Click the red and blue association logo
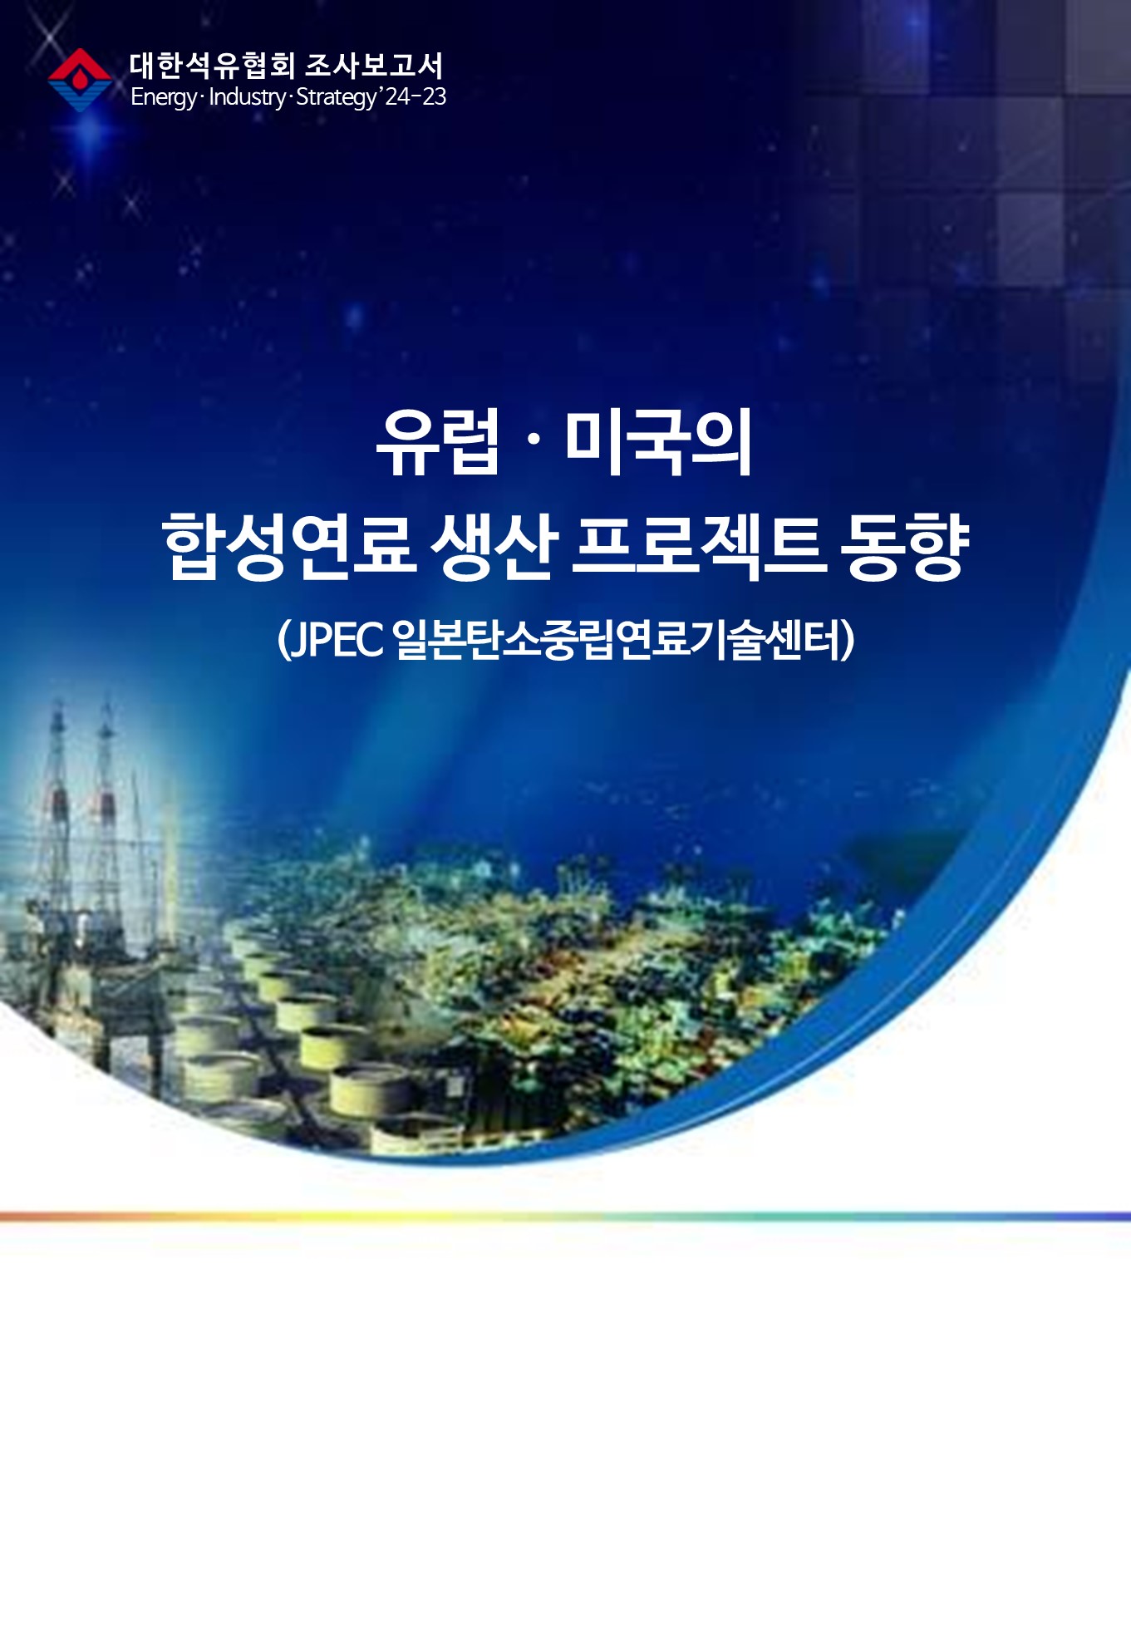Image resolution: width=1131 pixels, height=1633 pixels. coord(80,80)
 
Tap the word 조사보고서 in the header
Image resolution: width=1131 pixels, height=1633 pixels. coord(374,66)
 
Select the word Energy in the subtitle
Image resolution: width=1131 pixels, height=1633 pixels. coord(164,98)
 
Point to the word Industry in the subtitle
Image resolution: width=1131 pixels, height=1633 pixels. coord(247,98)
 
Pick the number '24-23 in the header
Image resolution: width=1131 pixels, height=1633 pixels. coord(413,96)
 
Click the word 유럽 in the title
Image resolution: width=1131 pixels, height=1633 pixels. coord(438,442)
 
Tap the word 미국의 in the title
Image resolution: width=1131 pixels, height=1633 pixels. coord(659,442)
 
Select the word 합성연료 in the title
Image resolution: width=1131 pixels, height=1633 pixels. coord(288,546)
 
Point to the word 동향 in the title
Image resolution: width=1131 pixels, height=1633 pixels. coord(905,546)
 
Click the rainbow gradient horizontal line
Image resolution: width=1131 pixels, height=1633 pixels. coord(565,1217)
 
